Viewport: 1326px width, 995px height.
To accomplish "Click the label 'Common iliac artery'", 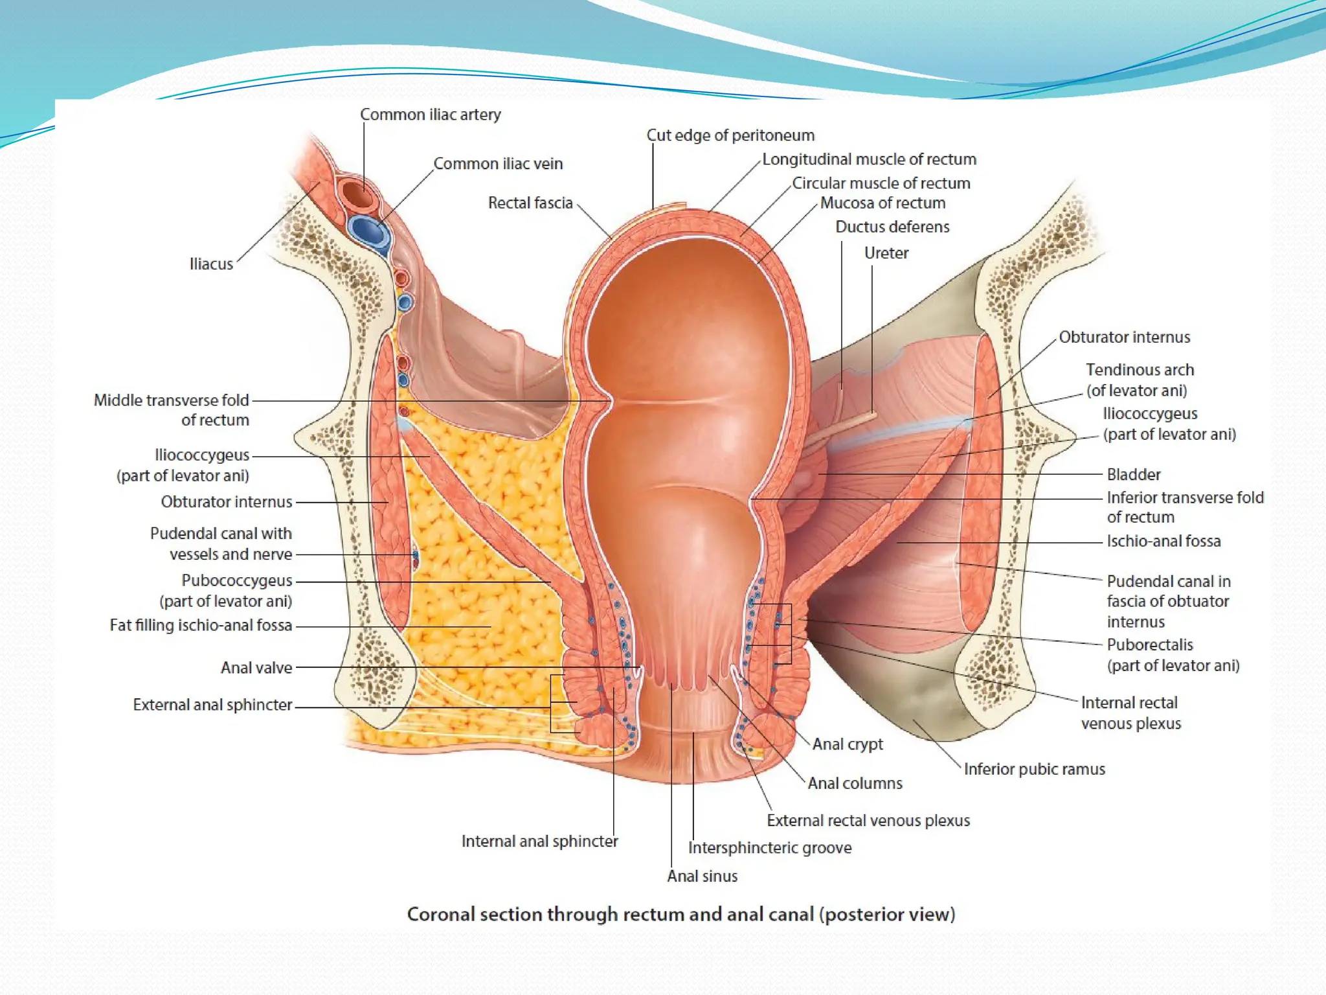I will [x=430, y=115].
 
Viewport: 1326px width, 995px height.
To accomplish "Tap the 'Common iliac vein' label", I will [x=498, y=164].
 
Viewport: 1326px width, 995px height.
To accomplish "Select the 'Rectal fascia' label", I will [x=530, y=203].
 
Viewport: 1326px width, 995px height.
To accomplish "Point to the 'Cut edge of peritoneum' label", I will [x=730, y=135].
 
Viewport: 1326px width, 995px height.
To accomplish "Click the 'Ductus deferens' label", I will [x=892, y=227].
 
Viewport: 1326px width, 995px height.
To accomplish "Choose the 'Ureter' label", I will [x=886, y=253].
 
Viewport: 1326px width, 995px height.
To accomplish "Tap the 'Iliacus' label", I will [x=211, y=264].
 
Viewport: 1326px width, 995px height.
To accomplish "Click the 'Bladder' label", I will [x=1133, y=475].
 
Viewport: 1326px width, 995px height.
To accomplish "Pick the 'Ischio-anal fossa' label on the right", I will [x=1163, y=542].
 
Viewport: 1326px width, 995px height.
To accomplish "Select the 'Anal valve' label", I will [x=256, y=668].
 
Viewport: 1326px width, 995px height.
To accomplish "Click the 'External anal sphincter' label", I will [x=212, y=705].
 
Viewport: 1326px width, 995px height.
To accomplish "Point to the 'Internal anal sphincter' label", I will [x=539, y=841].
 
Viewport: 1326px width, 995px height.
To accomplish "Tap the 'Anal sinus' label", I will [x=702, y=876].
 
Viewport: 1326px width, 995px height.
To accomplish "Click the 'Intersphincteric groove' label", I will [x=769, y=848].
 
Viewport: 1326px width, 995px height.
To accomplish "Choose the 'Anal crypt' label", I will [x=847, y=744].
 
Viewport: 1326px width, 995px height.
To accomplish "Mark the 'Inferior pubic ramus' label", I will [x=1034, y=770].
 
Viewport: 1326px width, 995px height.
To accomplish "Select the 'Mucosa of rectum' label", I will [x=882, y=203].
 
